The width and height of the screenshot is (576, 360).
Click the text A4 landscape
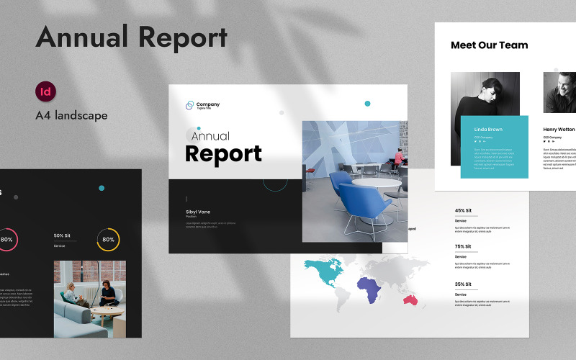click(x=71, y=115)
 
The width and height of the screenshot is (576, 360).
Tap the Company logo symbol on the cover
click(x=190, y=105)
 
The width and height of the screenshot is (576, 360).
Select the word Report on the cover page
click(x=223, y=153)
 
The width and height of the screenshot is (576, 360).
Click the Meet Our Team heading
click(x=489, y=45)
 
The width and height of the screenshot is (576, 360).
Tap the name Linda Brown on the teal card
click(x=488, y=130)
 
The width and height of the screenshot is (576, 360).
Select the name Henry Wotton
click(x=559, y=130)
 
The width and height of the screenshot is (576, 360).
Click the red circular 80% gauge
click(x=7, y=240)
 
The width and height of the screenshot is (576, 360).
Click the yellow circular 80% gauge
click(x=108, y=240)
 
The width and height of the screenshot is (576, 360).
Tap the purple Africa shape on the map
click(x=369, y=291)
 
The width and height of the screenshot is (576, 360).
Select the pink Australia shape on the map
click(x=411, y=299)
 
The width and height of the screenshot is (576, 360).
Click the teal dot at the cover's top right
click(x=367, y=104)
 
